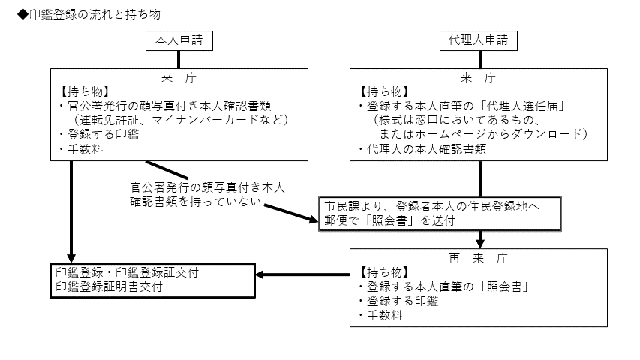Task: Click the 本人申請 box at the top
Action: point(179,41)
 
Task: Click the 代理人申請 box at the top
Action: point(479,41)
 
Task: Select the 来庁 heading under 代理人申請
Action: point(479,77)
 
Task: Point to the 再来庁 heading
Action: point(479,257)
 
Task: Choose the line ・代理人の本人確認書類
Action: point(424,149)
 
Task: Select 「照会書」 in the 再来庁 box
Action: point(508,286)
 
